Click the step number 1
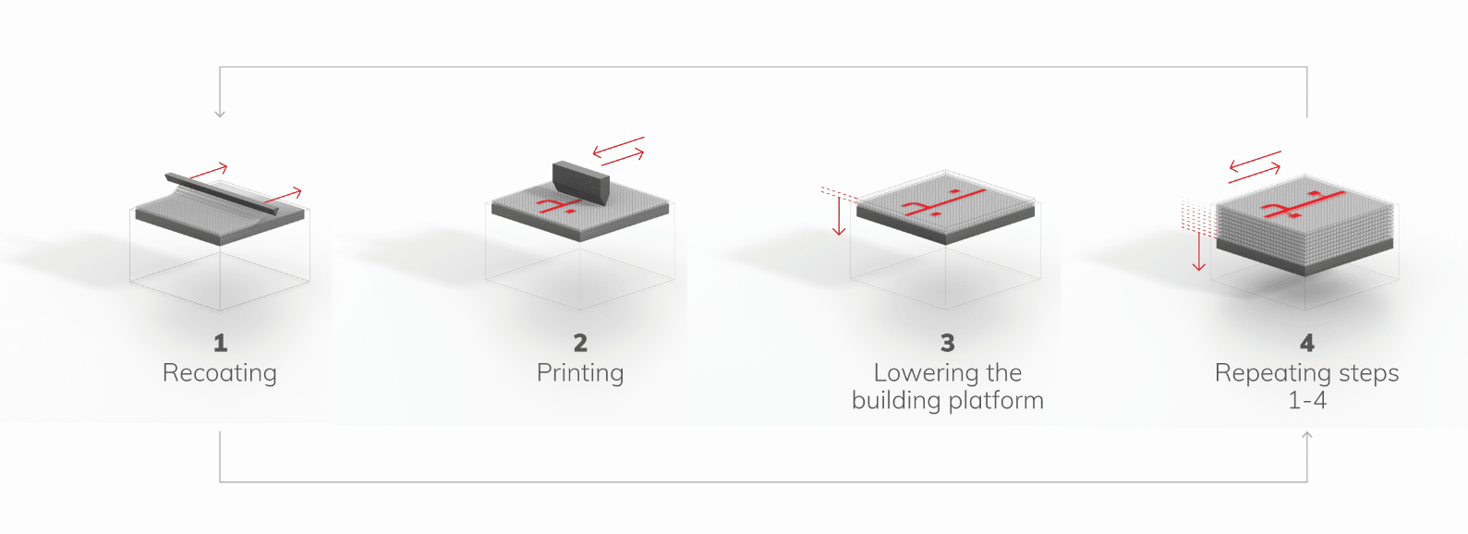tap(220, 343)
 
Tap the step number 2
tap(580, 343)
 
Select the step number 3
tap(948, 343)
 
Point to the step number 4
tap(1306, 343)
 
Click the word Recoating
tap(220, 373)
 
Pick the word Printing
tap(580, 373)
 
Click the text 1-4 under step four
tap(1307, 400)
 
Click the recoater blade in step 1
tap(222, 194)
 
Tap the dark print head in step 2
tap(581, 184)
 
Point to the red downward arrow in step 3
tap(839, 215)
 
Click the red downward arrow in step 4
tap(1198, 251)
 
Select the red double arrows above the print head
tap(619, 152)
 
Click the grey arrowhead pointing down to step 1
tap(220, 114)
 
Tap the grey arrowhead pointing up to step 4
tap(1306, 435)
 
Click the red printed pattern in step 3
tap(944, 203)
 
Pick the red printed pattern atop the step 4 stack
tap(1304, 204)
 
